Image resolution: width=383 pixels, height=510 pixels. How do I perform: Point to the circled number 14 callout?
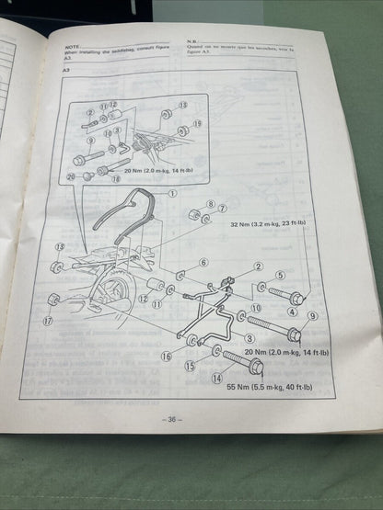tap(217, 376)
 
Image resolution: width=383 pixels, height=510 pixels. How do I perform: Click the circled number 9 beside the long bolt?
tap(312, 316)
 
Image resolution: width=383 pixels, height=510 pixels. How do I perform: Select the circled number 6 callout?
tap(204, 262)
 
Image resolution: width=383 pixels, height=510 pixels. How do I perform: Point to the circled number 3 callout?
tap(250, 341)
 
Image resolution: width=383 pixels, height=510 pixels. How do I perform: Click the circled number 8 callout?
tap(211, 204)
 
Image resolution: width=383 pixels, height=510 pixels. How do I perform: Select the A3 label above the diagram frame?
tap(66, 70)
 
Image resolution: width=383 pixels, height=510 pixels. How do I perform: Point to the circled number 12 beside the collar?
tap(145, 299)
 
